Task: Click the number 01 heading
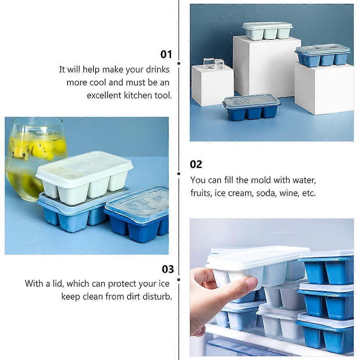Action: (166, 55)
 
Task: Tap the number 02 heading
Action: (196, 165)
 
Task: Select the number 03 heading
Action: (168, 269)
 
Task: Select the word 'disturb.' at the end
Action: (157, 296)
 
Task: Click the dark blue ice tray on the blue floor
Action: (251, 107)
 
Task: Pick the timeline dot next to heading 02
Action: (179, 174)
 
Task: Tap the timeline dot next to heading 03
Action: (179, 280)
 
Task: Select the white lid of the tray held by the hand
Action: (257, 256)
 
